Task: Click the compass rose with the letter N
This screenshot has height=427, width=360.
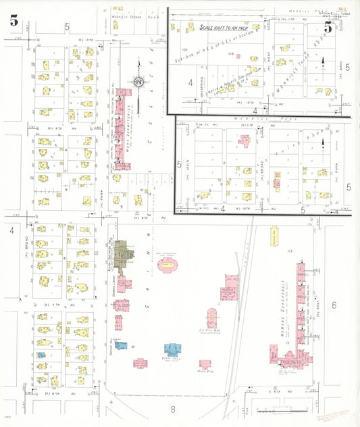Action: tap(138, 82)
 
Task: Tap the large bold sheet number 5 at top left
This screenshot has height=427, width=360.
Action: tap(14, 20)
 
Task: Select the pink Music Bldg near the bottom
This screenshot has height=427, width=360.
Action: tap(202, 363)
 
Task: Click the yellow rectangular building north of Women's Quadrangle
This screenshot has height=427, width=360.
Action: tap(274, 231)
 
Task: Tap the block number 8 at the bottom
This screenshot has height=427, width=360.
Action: tap(173, 409)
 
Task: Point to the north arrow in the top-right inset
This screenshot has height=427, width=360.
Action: tap(323, 62)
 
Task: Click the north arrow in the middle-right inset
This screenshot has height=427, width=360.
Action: tap(325, 144)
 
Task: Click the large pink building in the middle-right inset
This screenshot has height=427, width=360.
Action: tap(244, 141)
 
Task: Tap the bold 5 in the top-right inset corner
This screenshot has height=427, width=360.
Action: tap(328, 27)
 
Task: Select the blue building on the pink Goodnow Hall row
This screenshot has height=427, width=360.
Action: tap(122, 345)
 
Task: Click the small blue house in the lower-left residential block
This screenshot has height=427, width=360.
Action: tap(41, 355)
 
